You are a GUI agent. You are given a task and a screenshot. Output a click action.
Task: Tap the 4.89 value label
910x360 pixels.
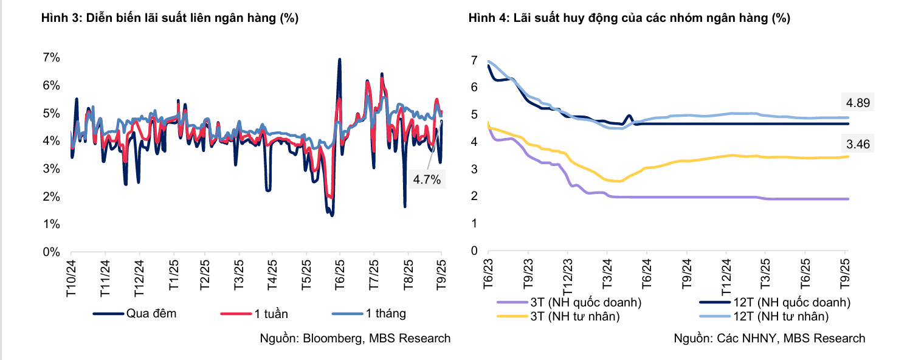pos(857,103)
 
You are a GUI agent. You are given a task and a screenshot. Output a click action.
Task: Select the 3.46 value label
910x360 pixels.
pos(857,144)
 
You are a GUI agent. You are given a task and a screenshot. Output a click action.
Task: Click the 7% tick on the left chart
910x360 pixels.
pos(51,58)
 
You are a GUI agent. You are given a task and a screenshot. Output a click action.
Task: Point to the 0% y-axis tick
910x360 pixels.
pos(51,252)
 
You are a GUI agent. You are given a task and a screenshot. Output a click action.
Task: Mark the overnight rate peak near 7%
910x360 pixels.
pos(339,60)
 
